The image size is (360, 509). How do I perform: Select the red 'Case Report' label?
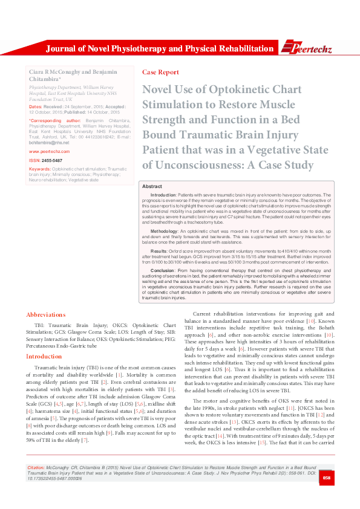(160, 72)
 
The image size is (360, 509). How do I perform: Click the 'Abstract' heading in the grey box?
(152, 187)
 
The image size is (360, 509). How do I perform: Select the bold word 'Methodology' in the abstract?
(164, 231)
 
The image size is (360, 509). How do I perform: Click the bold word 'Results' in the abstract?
(159, 250)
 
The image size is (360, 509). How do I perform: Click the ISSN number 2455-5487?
(52, 160)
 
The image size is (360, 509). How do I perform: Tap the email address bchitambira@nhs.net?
(49, 143)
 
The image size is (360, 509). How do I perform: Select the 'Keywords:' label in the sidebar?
(39, 169)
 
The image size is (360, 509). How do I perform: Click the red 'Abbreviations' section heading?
(45, 314)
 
